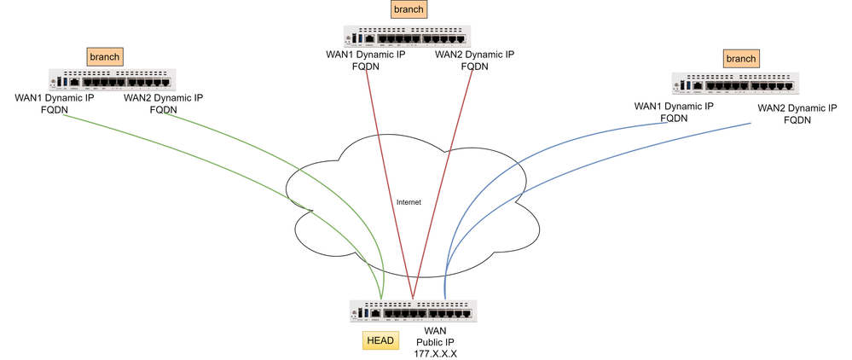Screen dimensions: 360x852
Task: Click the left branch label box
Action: click(104, 56)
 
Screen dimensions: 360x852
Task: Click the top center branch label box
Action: click(408, 9)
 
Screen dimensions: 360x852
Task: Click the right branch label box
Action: click(740, 58)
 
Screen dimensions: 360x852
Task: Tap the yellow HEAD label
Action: click(380, 340)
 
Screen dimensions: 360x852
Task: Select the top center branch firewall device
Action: click(408, 36)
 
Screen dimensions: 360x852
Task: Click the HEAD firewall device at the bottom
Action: click(413, 311)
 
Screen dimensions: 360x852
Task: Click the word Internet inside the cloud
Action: click(409, 202)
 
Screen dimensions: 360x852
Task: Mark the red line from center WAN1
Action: click(388, 179)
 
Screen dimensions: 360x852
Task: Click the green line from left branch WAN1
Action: click(213, 162)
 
